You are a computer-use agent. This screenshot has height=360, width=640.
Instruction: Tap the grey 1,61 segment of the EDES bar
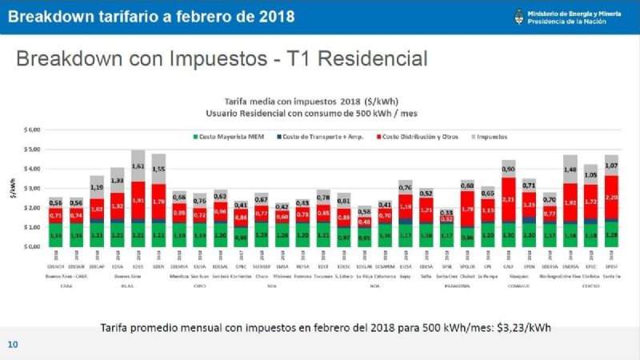click(x=138, y=166)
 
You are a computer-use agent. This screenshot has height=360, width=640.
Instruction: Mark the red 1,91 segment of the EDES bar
click(x=138, y=200)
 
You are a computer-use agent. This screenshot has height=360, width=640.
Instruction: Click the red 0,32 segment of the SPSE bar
click(x=446, y=218)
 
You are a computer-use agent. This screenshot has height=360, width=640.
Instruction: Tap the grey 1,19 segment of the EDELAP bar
click(x=97, y=187)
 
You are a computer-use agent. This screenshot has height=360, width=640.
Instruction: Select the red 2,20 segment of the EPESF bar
click(x=612, y=197)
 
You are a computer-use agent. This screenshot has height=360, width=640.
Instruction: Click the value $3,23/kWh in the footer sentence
click(x=524, y=328)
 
